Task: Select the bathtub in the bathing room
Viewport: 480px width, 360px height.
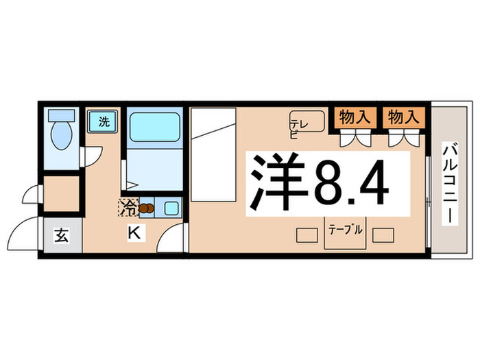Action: tap(154, 127)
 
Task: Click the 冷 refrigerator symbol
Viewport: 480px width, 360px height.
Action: tap(128, 205)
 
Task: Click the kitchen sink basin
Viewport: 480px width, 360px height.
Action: tap(171, 207)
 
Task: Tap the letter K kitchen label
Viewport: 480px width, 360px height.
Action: tap(134, 233)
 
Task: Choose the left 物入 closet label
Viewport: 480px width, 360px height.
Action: tap(355, 117)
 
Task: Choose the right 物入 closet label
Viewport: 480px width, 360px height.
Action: tap(402, 117)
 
